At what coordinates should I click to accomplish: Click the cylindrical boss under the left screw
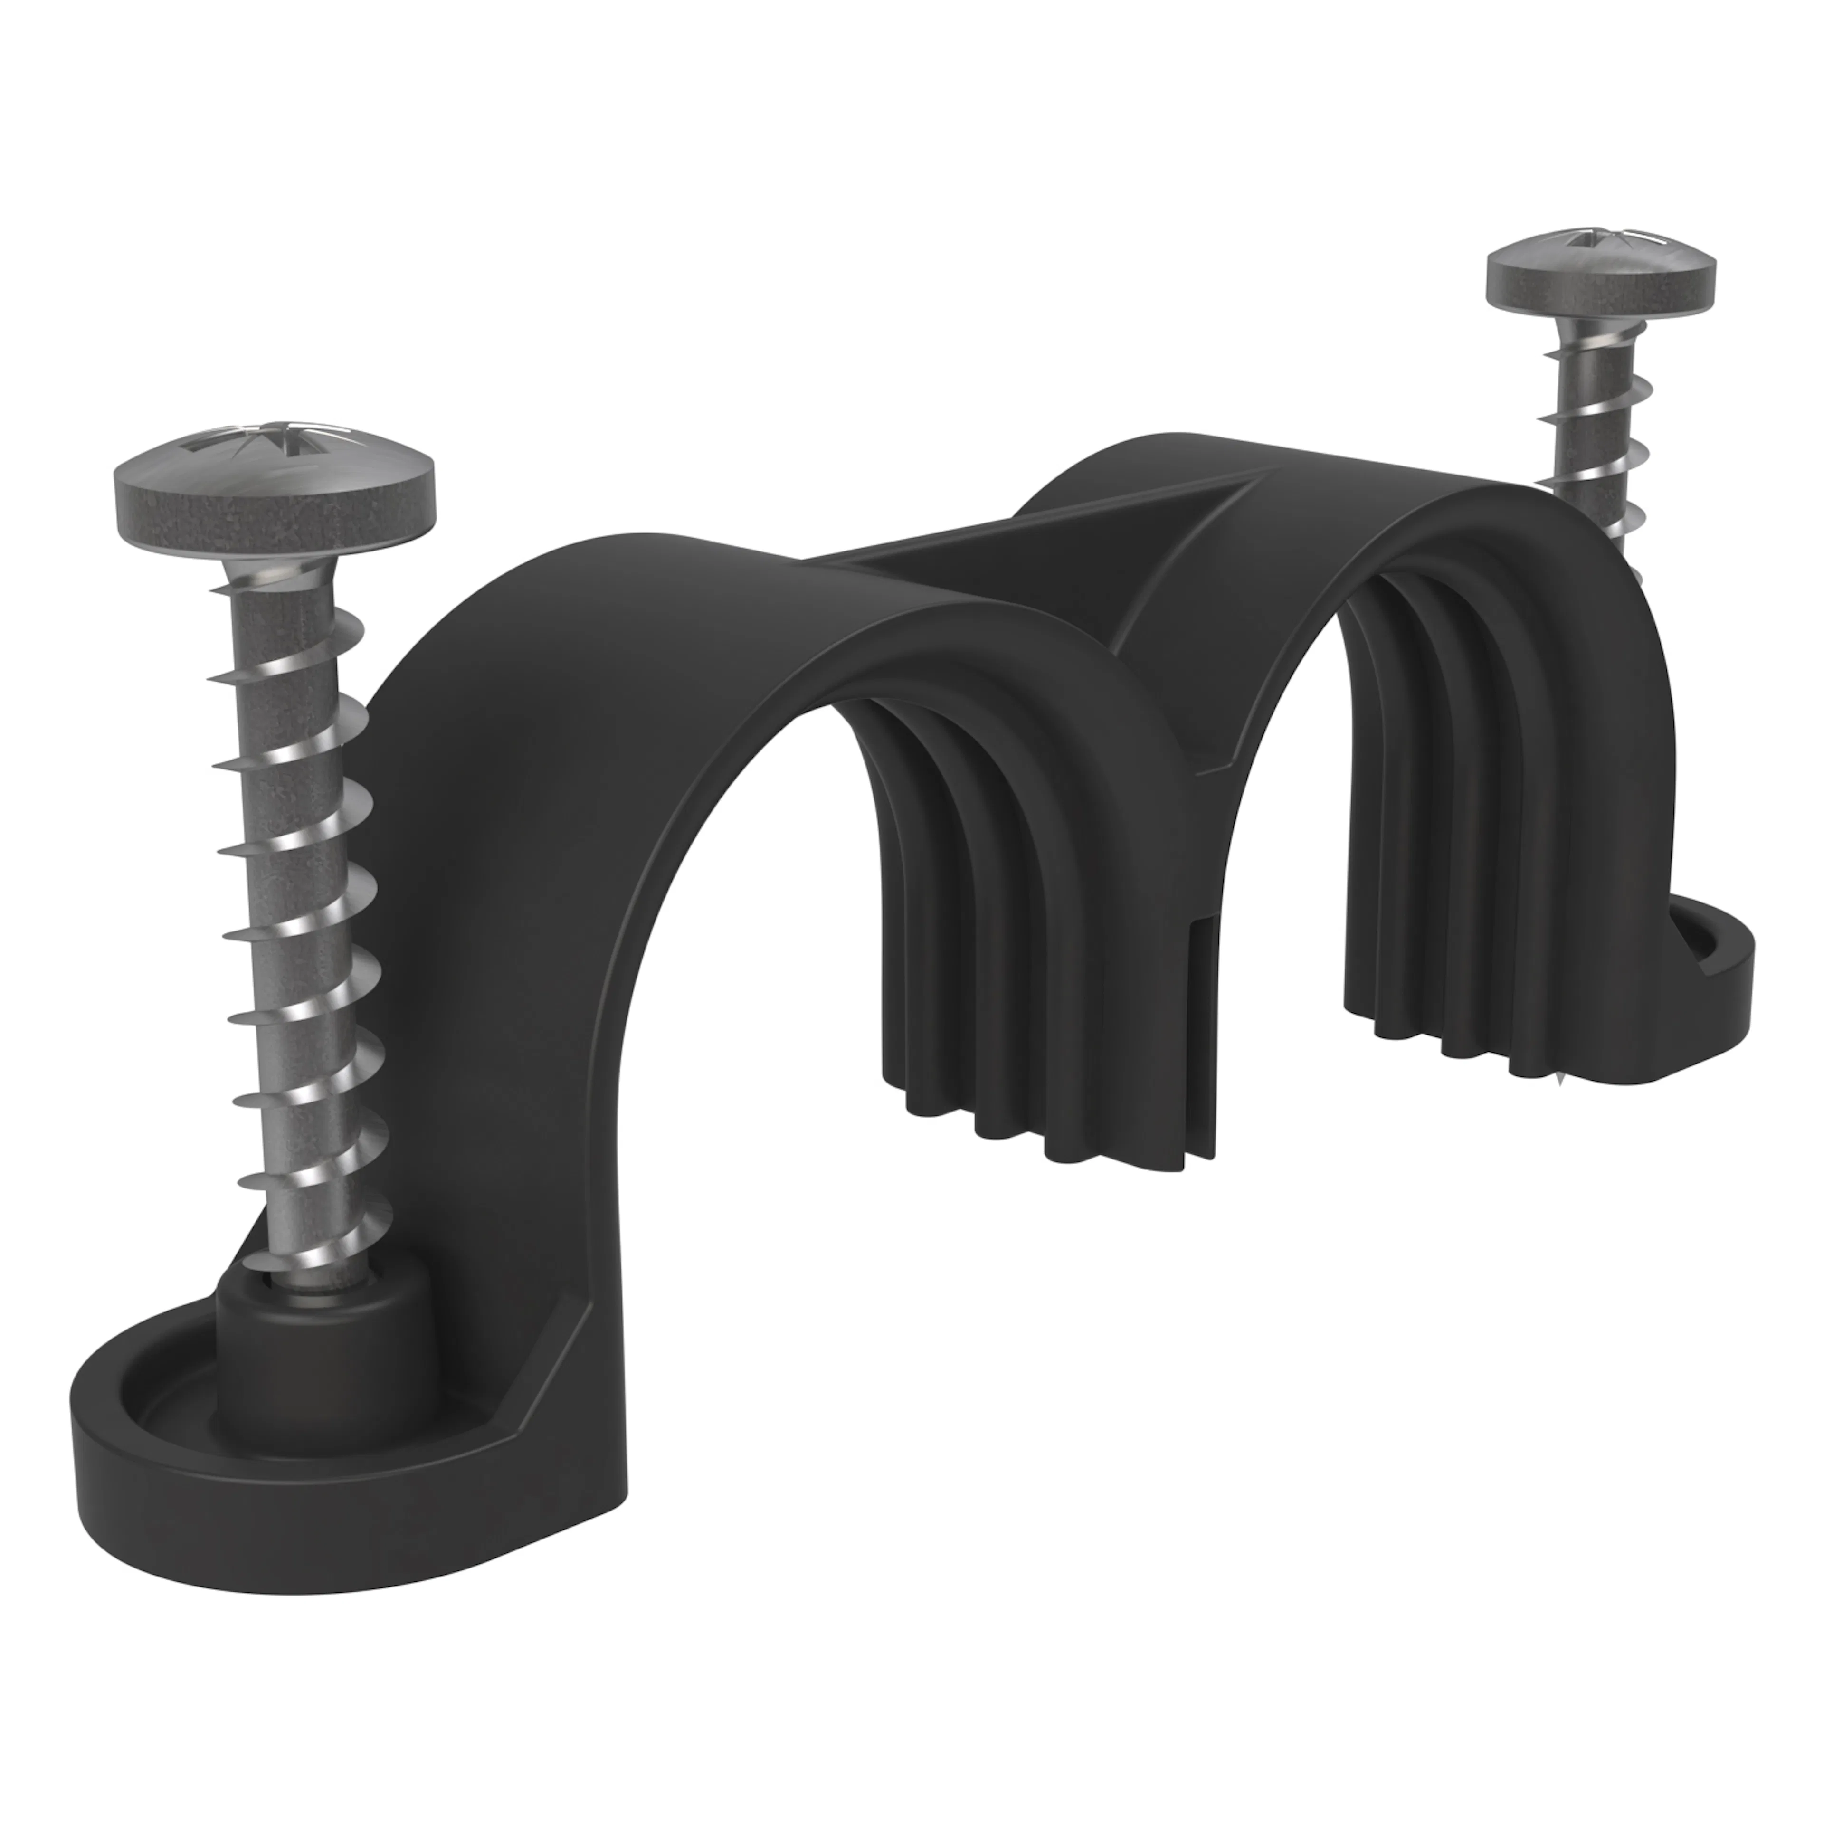click(x=321, y=1345)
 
